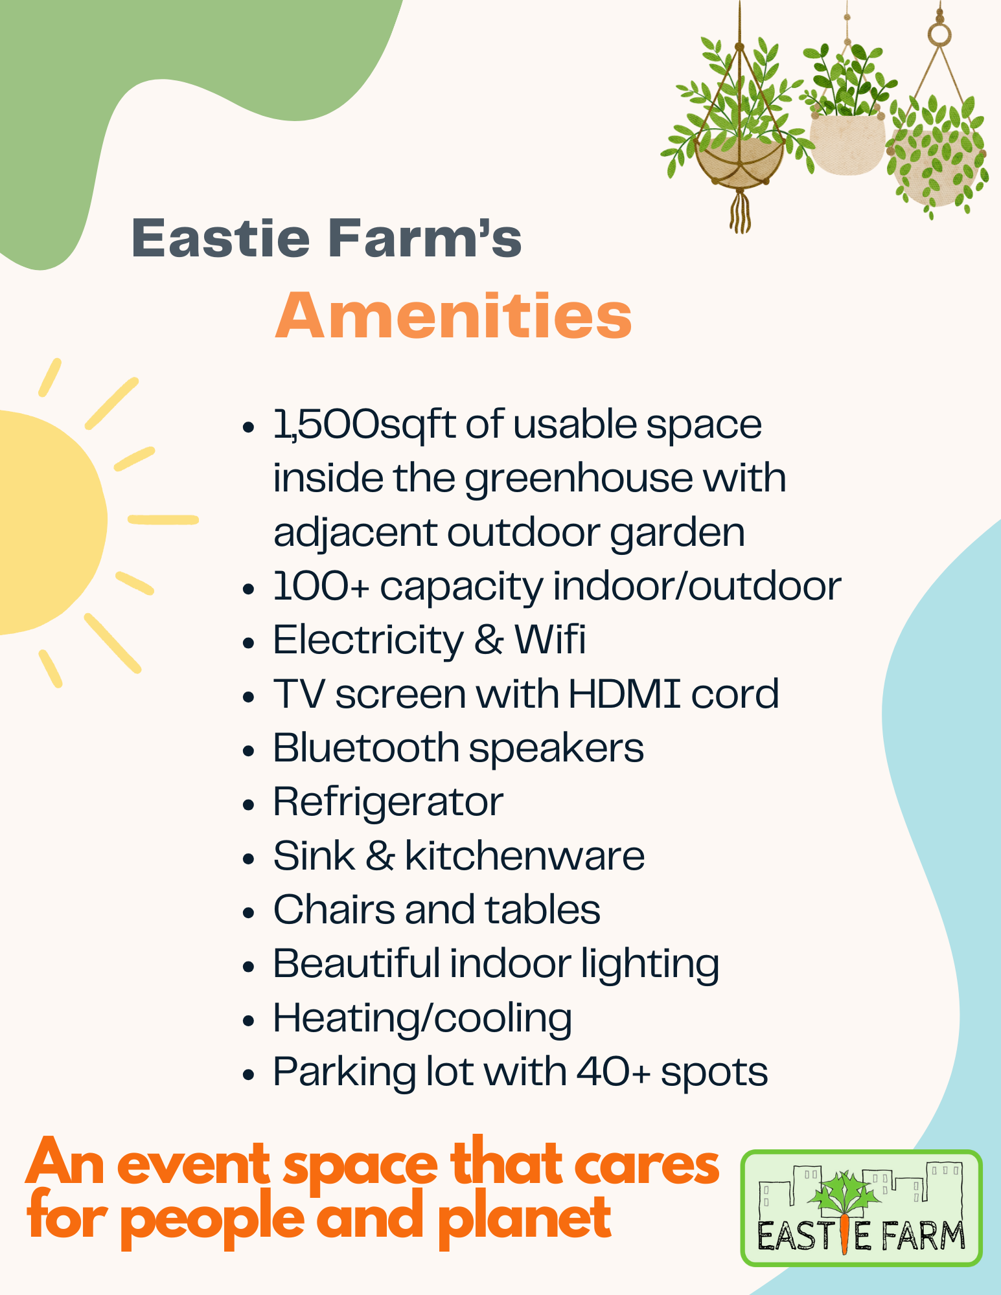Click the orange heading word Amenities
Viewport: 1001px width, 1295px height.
coord(454,316)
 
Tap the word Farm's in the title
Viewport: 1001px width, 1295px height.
coord(425,238)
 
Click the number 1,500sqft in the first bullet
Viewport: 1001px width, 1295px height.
coord(364,425)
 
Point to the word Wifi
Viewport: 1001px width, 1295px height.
coord(550,640)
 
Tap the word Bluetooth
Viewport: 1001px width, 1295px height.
coord(366,748)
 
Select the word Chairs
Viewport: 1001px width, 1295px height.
coord(334,910)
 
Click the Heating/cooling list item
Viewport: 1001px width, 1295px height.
coord(422,1019)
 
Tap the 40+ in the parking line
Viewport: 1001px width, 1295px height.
coord(613,1072)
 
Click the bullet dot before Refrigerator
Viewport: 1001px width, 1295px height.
coord(249,805)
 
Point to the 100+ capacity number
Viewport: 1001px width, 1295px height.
coord(321,587)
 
